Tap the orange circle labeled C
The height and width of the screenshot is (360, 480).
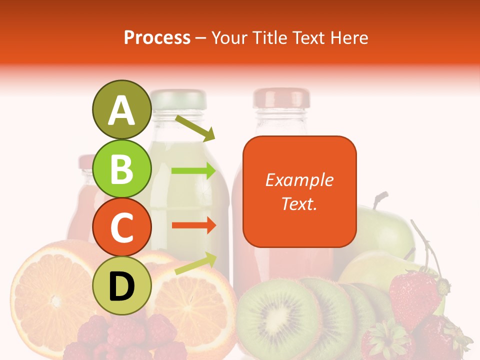(121, 227)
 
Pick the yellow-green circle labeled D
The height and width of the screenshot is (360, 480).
(121, 286)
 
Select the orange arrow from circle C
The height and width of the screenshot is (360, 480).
(193, 225)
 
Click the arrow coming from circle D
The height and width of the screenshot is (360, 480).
(195, 263)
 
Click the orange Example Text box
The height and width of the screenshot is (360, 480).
(299, 191)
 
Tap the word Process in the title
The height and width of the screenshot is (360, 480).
(157, 37)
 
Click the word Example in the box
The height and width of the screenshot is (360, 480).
(299, 180)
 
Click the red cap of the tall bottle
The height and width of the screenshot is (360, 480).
(281, 98)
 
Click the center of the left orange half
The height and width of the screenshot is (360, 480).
(52, 295)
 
